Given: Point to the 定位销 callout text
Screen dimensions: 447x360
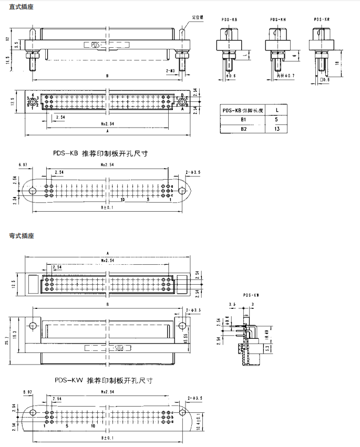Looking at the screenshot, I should click(x=198, y=17).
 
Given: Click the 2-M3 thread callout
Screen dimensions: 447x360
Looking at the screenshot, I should click(x=170, y=69).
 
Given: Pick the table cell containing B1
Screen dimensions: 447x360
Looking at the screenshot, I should click(x=243, y=120).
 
